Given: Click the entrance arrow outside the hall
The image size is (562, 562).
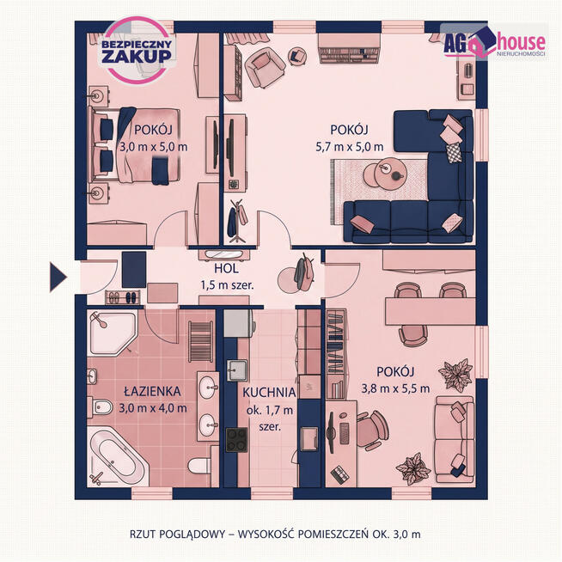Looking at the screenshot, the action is coord(58,277).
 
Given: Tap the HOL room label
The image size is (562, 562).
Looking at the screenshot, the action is coord(226,268).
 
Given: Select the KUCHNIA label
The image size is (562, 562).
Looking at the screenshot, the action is coord(269,393).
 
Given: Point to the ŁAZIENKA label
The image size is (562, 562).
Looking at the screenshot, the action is coord(152,391).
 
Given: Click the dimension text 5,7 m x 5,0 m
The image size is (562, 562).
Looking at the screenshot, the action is coord(350,147).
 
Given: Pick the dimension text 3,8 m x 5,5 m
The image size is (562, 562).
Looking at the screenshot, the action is coord(395,388).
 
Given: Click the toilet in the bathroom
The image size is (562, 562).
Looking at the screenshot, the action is coord(200,465).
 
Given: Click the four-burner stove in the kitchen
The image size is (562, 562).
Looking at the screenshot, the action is coord(236,440).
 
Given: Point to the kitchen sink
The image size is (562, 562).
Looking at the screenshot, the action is coord(237,370).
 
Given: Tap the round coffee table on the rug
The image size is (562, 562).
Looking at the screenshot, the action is coord(389,173).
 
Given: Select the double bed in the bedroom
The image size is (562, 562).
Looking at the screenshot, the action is coord(135,145).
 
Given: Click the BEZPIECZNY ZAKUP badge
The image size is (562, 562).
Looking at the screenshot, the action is coord(137,50).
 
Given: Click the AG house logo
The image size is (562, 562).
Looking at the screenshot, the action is coord(494,42).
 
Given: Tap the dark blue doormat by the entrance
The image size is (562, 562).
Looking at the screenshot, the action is coord(134,270).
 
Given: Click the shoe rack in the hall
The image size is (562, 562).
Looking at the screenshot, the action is coord(123,297).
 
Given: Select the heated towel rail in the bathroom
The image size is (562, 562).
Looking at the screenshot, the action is coord(201,342).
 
